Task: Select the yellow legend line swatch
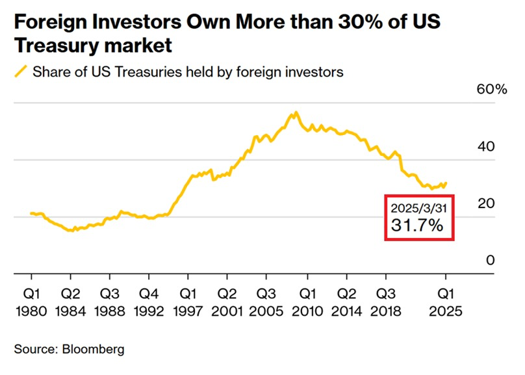click(x=21, y=71)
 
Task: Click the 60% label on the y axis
click(x=491, y=90)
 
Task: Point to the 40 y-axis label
click(x=485, y=146)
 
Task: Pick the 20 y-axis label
click(x=485, y=203)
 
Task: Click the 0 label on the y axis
click(x=491, y=259)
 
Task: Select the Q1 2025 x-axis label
click(x=446, y=302)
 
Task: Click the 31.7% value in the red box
click(x=418, y=226)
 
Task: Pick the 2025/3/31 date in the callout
click(x=418, y=208)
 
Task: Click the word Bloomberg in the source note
click(x=94, y=350)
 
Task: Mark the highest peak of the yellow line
click(x=296, y=112)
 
